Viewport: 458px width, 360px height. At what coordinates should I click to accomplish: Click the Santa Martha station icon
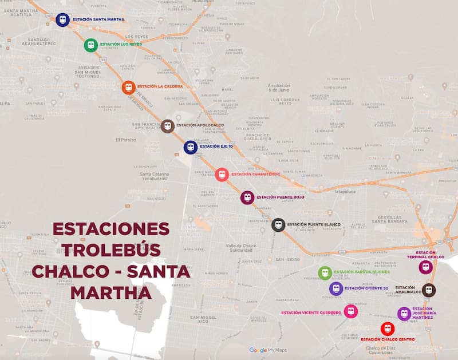(x=62, y=19)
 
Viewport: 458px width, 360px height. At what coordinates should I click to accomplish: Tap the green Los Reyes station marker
(x=90, y=45)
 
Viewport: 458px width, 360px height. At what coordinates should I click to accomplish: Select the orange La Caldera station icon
(x=128, y=88)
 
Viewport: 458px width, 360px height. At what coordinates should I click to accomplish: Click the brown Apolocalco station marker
(x=167, y=126)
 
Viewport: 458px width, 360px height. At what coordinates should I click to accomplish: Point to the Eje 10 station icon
(x=191, y=147)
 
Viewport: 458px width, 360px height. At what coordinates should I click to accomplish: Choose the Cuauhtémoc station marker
(x=222, y=175)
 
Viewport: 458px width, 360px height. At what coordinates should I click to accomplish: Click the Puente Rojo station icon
(x=247, y=197)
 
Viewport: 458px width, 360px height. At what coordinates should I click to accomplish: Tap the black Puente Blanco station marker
(x=278, y=225)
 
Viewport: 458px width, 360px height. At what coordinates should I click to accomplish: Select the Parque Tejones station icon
(x=325, y=273)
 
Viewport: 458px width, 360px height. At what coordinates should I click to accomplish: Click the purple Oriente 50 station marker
(x=336, y=288)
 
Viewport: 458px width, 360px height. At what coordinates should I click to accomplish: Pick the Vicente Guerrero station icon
(x=351, y=311)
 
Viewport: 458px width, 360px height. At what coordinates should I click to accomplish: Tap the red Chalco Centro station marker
(x=388, y=329)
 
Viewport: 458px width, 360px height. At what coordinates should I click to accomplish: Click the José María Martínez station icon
(x=404, y=313)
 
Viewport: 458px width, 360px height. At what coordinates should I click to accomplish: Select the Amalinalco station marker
(x=429, y=290)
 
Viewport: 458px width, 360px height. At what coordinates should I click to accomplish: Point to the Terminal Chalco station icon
(x=425, y=267)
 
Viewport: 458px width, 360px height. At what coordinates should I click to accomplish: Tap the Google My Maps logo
(x=268, y=350)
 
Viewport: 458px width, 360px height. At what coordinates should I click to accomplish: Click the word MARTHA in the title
(x=111, y=292)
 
